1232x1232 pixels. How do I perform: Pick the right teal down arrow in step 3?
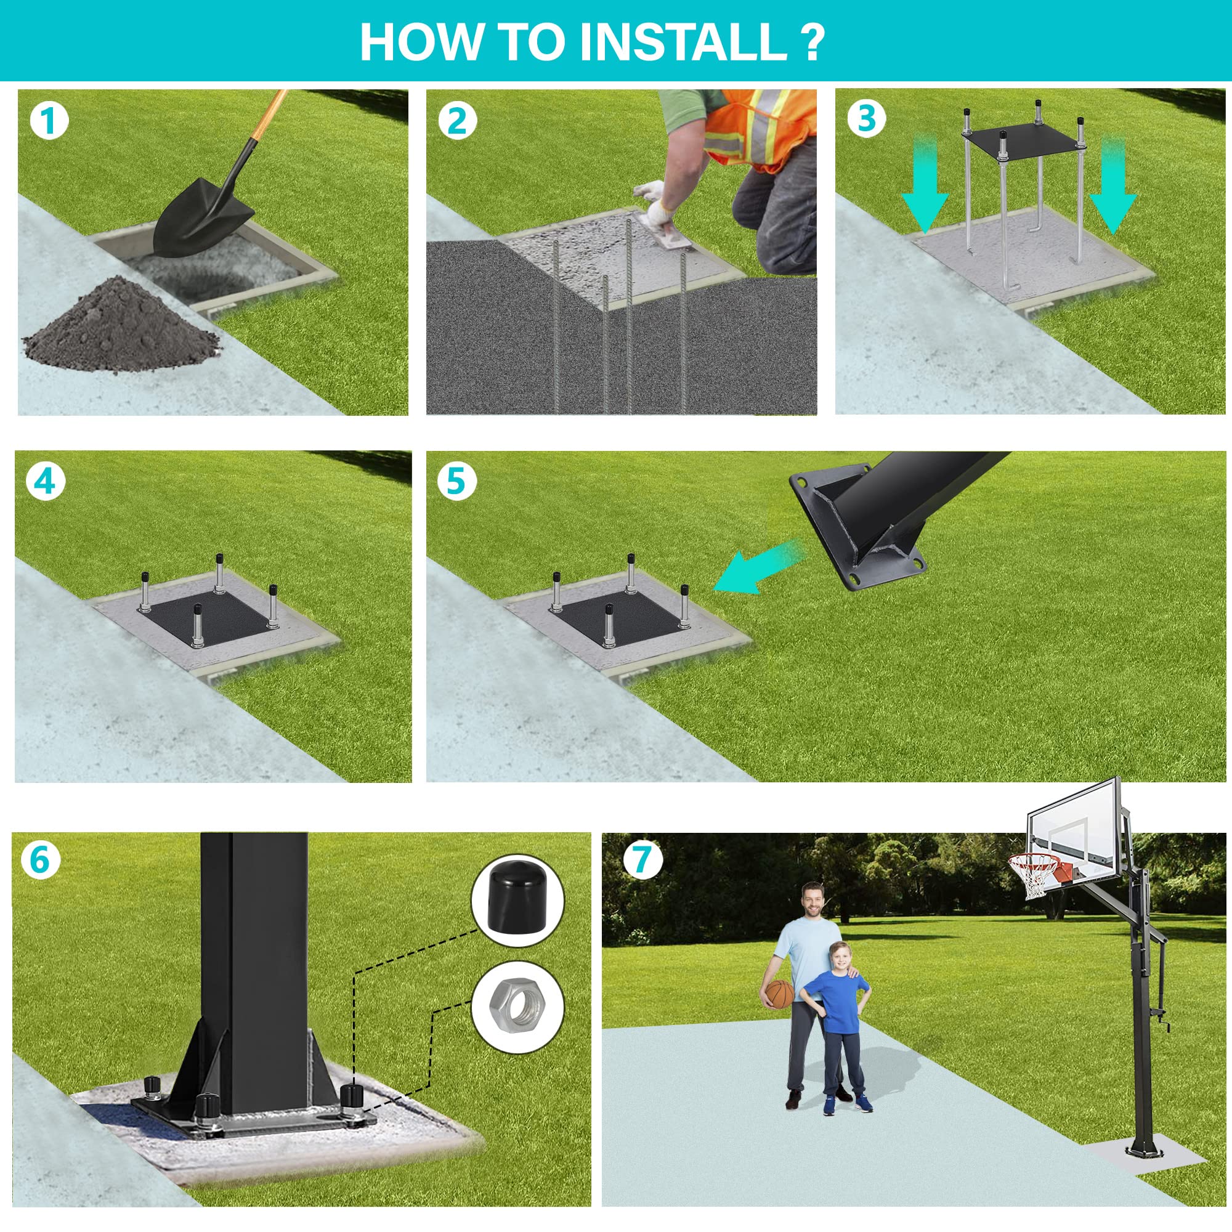click(x=1112, y=185)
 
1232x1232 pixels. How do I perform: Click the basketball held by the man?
click(x=779, y=994)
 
